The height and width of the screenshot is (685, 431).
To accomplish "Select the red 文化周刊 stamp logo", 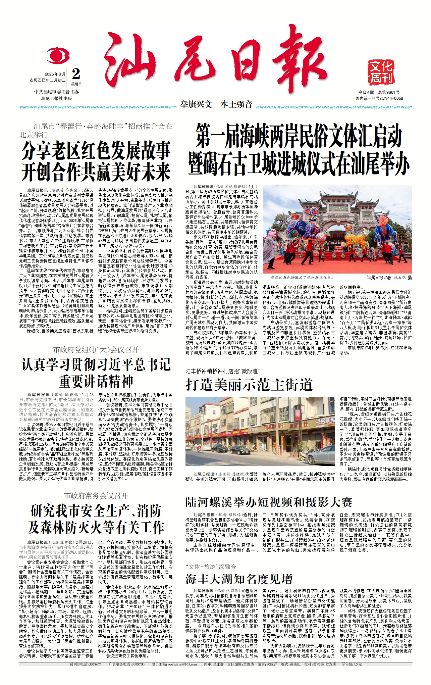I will (381, 72).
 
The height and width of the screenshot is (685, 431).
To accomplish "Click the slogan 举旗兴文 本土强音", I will (216, 104).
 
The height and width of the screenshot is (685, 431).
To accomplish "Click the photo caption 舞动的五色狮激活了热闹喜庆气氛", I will (302, 278).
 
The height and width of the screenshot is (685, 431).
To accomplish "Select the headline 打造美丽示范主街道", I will (249, 385).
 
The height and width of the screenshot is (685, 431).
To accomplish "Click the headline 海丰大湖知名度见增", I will (239, 579).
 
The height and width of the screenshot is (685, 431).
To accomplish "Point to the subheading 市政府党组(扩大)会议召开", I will (96, 350).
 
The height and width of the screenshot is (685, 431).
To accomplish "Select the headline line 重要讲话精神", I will (96, 382).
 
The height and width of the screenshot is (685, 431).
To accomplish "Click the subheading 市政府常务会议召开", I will (96, 496).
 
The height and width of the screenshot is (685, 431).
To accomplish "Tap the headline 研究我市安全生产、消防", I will (96, 511).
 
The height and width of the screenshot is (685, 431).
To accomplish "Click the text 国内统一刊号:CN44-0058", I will (379, 98).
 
